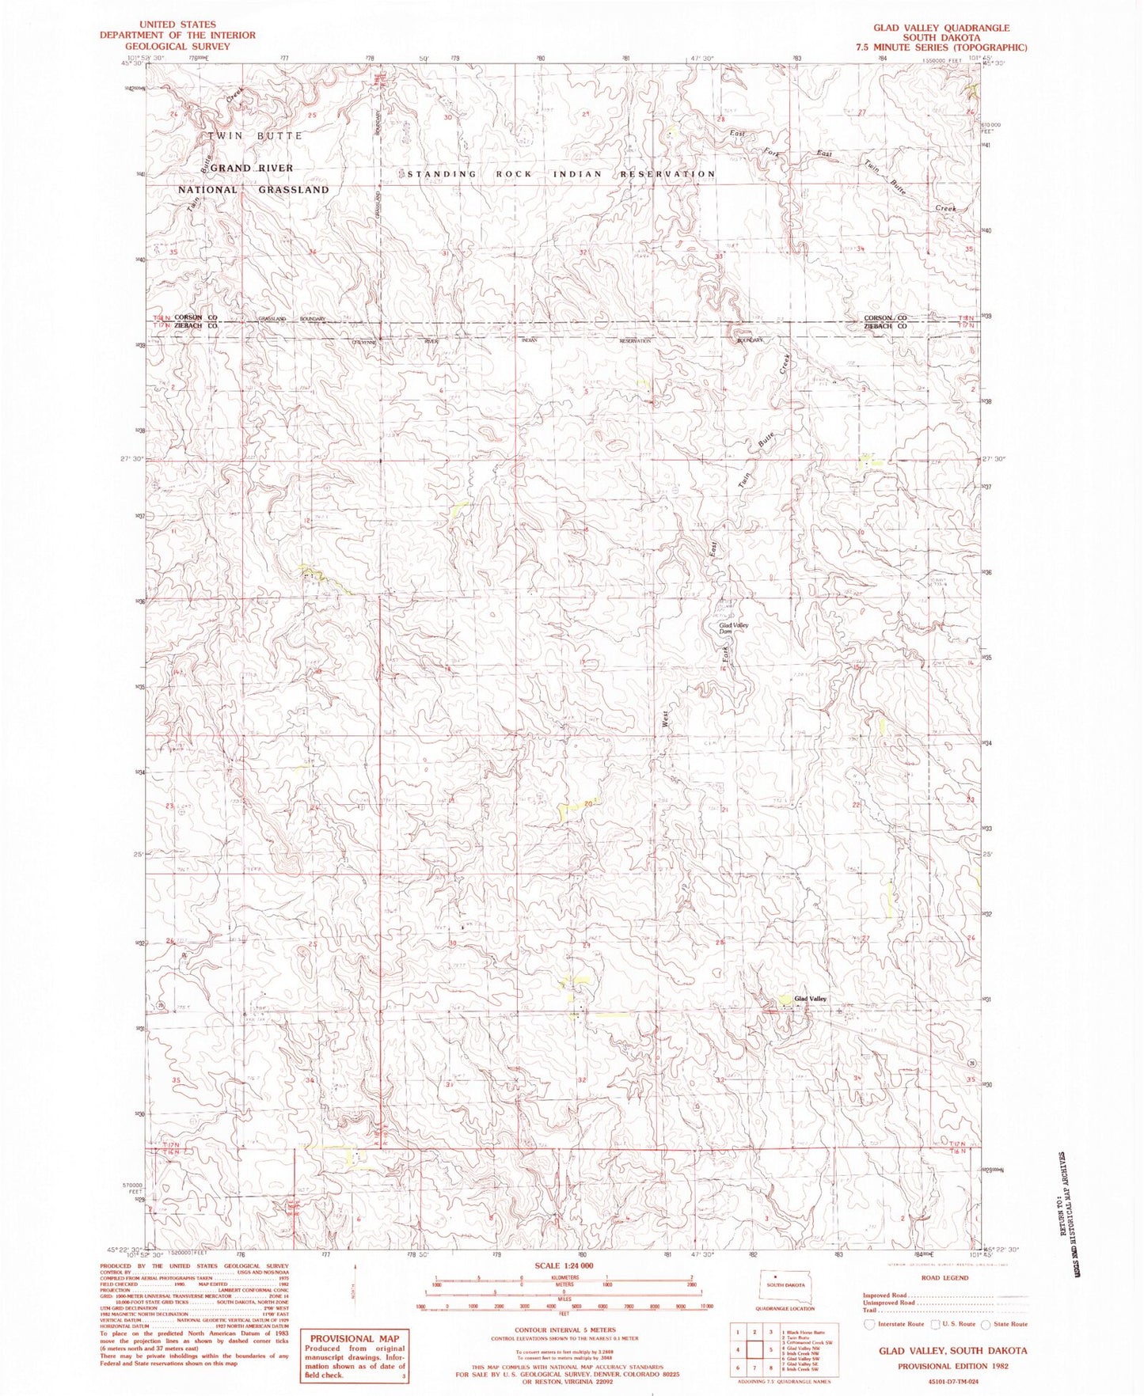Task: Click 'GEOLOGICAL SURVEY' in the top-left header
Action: coord(177,46)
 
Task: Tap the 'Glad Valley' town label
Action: coord(810,999)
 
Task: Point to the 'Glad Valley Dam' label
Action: coord(733,628)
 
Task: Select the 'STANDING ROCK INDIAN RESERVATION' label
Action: coord(561,174)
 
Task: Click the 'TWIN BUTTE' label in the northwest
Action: coord(255,136)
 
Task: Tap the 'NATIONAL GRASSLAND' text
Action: coord(253,190)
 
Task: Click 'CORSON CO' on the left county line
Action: coord(196,317)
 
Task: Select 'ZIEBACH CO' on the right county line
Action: coord(885,326)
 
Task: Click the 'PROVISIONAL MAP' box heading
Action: coord(353,1338)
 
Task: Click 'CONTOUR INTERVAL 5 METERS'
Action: coord(564,1330)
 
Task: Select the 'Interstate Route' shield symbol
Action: coord(869,1323)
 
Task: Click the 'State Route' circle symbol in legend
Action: coord(985,1324)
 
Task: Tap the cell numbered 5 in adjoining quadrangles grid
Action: coord(770,1350)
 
